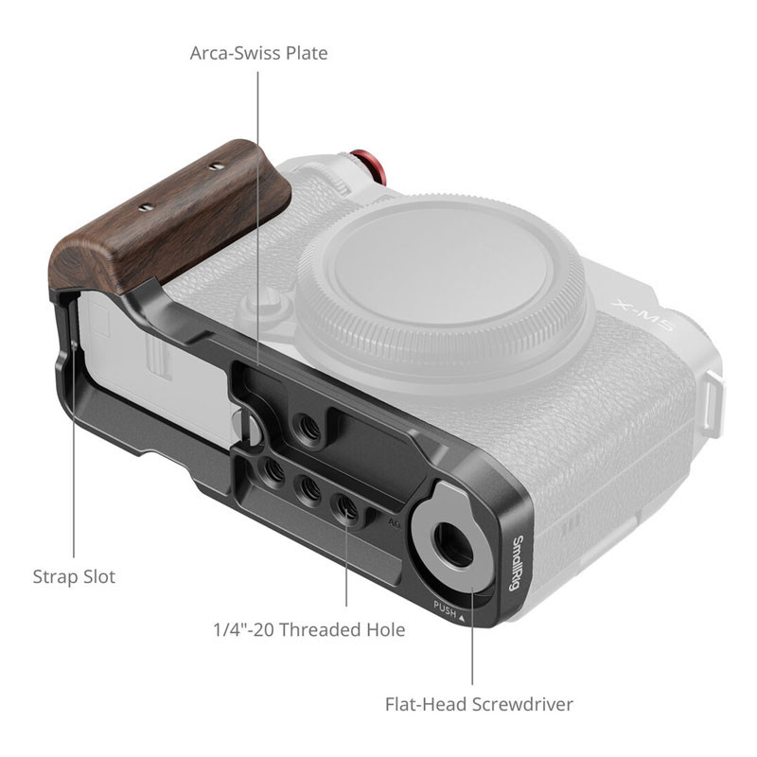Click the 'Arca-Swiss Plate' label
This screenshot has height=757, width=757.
click(258, 53)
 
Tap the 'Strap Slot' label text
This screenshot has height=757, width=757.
click(74, 577)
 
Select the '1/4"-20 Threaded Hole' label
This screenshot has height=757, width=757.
click(309, 629)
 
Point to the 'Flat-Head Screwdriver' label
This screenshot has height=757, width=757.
click(479, 704)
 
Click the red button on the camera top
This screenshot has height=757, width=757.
click(370, 167)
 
